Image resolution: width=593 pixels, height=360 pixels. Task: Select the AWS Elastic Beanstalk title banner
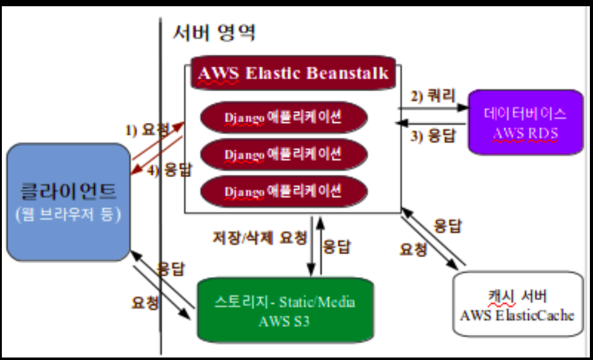click(x=293, y=72)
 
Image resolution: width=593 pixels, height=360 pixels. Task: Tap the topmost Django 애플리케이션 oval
click(x=283, y=117)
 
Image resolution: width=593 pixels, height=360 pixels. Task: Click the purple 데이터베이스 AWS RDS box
click(x=525, y=122)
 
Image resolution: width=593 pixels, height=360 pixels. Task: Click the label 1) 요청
click(x=147, y=129)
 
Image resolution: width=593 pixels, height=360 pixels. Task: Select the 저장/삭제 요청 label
click(x=259, y=238)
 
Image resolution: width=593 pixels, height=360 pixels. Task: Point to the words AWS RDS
click(x=525, y=133)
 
